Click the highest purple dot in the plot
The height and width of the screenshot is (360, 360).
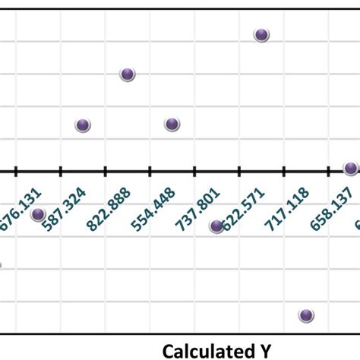pos(261,35)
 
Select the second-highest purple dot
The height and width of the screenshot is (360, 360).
pos(128,74)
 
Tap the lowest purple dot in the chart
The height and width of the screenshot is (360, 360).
pos(306,315)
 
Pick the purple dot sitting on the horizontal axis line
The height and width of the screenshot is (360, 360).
pos(350,169)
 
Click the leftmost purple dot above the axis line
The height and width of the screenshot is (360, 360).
pos(83,125)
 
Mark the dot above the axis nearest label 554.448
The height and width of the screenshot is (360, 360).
pos(172,125)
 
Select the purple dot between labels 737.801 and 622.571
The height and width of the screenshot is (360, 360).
pos(216,226)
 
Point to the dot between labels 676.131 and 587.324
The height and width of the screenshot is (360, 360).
pos(38,214)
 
